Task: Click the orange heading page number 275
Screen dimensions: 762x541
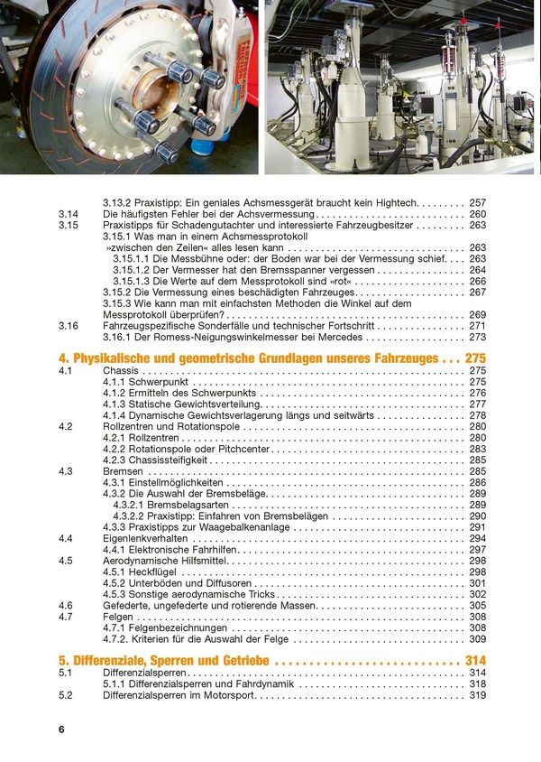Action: [475, 358]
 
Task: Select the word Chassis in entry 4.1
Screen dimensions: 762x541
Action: [121, 371]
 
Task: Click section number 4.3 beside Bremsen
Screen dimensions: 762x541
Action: [66, 471]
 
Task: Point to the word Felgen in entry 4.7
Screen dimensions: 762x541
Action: [120, 617]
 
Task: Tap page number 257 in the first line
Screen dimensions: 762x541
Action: [478, 203]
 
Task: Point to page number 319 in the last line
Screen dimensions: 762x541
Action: [478, 696]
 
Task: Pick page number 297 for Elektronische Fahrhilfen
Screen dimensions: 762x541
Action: [478, 550]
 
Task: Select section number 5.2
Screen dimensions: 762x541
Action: [66, 696]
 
